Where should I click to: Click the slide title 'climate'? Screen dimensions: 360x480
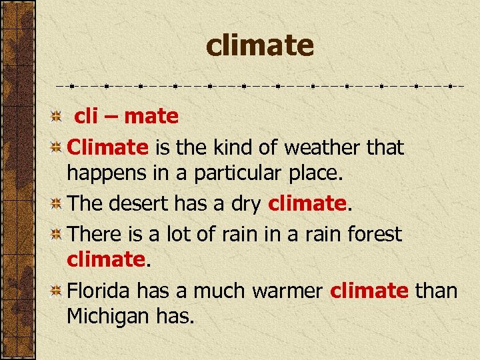point(259,45)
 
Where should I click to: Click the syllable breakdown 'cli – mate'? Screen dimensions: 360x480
point(126,117)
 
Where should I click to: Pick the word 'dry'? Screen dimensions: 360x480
point(245,203)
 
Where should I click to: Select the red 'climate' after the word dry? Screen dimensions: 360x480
point(306,203)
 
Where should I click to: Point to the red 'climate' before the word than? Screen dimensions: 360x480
point(369,291)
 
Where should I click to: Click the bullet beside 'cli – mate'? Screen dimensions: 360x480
point(58,117)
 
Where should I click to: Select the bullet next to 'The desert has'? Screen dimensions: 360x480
point(58,204)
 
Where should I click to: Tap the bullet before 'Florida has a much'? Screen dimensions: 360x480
point(58,291)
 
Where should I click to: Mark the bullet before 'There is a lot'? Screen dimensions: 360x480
point(58,234)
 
